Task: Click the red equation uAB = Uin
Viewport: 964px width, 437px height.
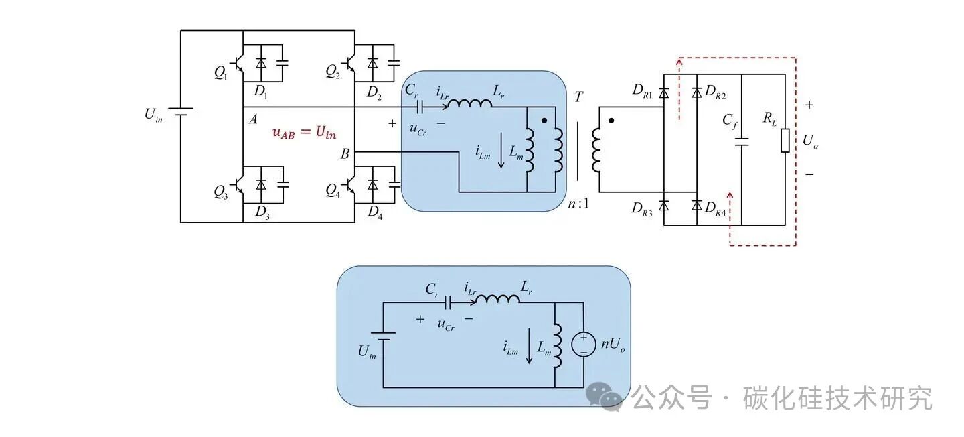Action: [304, 132]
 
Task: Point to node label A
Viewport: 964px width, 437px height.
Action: [253, 119]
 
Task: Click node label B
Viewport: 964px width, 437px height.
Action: [345, 154]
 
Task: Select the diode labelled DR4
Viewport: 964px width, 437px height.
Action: [697, 204]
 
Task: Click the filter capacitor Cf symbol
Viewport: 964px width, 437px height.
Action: [742, 142]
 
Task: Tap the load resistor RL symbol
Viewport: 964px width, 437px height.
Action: [785, 141]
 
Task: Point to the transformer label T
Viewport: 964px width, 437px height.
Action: [578, 97]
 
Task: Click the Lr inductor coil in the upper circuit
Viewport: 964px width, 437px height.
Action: [469, 105]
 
